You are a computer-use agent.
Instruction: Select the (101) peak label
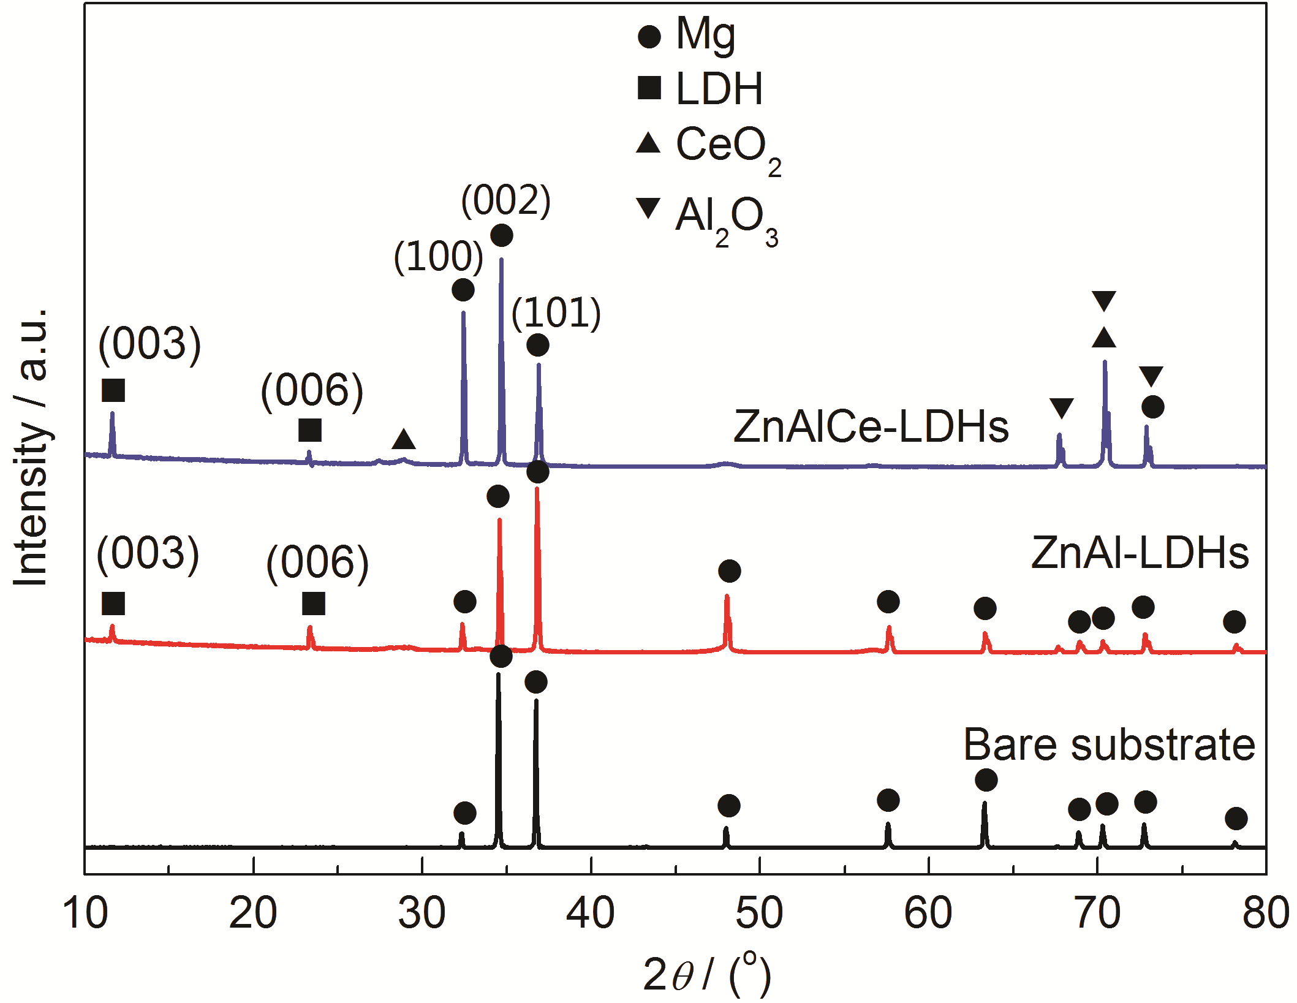(x=556, y=312)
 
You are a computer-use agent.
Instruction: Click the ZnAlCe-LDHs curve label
(x=871, y=426)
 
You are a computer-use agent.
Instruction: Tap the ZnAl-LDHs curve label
(x=1140, y=553)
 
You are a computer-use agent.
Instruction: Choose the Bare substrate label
(x=1110, y=745)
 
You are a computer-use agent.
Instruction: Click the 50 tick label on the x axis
(x=759, y=913)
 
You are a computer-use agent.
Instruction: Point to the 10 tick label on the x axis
(x=85, y=913)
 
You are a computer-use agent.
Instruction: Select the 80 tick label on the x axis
(x=1266, y=913)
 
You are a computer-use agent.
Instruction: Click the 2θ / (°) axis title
(x=706, y=974)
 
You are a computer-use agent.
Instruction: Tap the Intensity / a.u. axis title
(x=31, y=447)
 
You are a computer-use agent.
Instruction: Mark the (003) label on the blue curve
(x=149, y=344)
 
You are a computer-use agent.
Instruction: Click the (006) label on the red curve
(x=317, y=562)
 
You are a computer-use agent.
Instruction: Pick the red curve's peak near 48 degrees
(x=727, y=597)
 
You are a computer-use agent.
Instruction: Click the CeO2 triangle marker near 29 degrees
(x=404, y=439)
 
